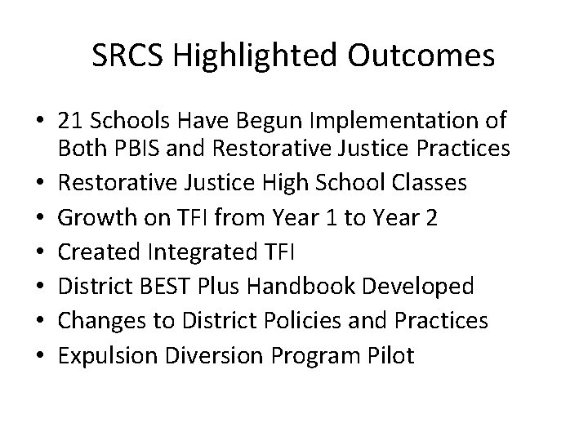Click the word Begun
coord(269,122)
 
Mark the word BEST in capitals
coord(166,287)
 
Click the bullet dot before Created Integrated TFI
coord(38,253)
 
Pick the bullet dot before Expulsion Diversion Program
coord(38,357)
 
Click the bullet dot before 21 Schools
coord(38,122)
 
